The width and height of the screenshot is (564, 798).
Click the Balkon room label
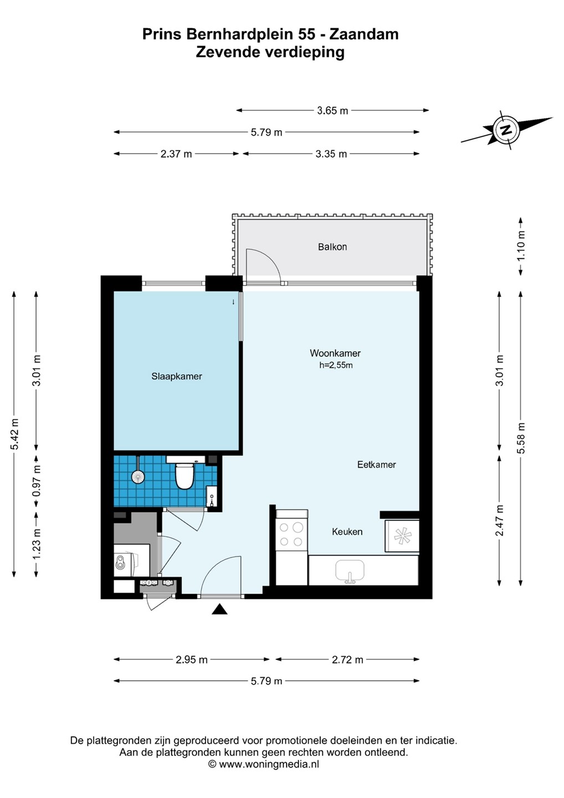click(332, 247)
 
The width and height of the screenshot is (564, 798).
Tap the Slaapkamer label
click(177, 376)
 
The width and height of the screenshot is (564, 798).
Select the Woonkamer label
click(335, 353)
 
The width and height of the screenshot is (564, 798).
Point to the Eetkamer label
click(376, 464)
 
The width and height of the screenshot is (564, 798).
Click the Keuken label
click(347, 532)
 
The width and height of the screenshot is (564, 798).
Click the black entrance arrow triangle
click(219, 610)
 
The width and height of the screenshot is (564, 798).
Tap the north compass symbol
click(506, 130)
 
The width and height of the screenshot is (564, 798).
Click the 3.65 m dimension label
click(332, 111)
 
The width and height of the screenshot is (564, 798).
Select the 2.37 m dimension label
click(176, 154)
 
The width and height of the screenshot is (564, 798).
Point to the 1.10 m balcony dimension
click(521, 246)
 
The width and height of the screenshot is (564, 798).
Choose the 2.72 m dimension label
click(347, 660)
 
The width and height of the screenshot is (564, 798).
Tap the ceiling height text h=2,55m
click(336, 365)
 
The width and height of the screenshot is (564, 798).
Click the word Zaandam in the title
click(363, 34)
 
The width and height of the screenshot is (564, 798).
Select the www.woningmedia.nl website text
click(269, 764)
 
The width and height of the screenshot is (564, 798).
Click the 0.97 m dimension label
click(37, 481)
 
